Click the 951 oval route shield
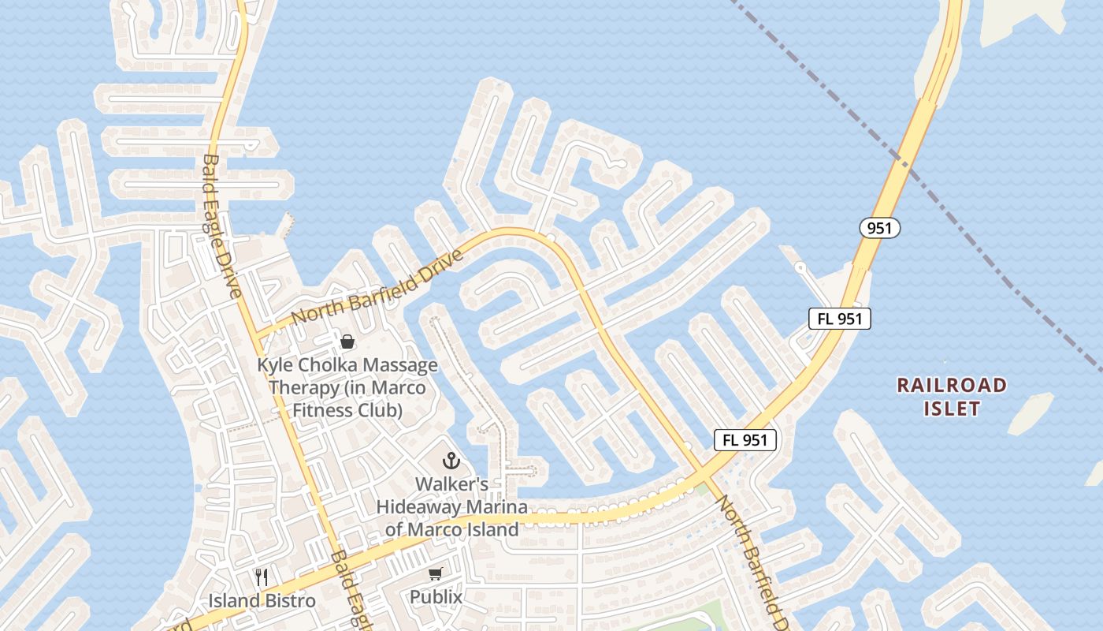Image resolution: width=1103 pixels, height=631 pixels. pyautogui.click(x=879, y=229)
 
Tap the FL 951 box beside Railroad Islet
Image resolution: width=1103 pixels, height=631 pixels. pyautogui.click(x=840, y=319)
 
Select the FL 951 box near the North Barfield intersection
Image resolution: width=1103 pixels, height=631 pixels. pyautogui.click(x=745, y=440)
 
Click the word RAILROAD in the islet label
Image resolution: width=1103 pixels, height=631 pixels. pyautogui.click(x=952, y=386)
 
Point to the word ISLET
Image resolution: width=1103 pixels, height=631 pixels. pyautogui.click(x=952, y=409)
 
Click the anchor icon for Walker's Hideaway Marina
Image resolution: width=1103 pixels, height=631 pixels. pyautogui.click(x=451, y=461)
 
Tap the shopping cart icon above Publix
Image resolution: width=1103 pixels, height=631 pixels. pyautogui.click(x=435, y=574)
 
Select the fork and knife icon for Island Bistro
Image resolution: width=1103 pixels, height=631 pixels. pyautogui.click(x=262, y=577)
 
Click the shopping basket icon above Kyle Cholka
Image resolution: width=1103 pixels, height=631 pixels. pyautogui.click(x=347, y=342)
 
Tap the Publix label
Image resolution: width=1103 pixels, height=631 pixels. pyautogui.click(x=436, y=597)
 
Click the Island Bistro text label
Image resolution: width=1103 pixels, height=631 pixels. pyautogui.click(x=262, y=601)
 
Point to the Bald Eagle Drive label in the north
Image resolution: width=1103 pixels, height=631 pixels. pyautogui.click(x=221, y=226)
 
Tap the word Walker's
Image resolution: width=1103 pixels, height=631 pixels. pyautogui.click(x=451, y=484)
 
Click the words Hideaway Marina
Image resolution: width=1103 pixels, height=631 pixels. pyautogui.click(x=451, y=506)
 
